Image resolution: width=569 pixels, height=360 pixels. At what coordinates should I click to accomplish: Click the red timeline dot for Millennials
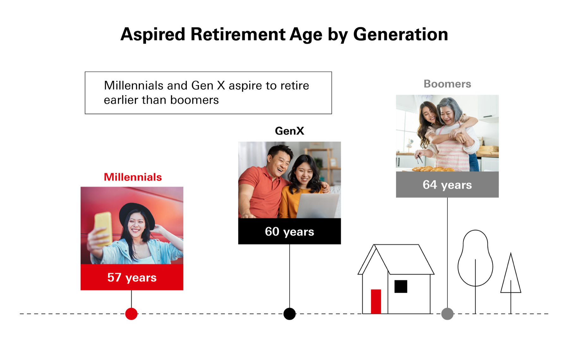click(131, 314)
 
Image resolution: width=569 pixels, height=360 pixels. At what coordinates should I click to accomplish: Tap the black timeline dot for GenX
click(290, 314)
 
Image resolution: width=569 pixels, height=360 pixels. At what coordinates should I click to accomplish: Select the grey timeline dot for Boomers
click(447, 314)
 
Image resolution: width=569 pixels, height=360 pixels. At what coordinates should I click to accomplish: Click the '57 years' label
click(132, 277)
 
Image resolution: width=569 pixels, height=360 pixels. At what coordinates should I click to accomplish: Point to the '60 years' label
click(290, 232)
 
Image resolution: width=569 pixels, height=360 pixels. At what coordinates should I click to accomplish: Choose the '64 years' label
click(447, 185)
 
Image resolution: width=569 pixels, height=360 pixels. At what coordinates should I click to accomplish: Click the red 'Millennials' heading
click(133, 177)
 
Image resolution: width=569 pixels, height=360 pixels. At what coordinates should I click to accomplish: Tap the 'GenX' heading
click(290, 131)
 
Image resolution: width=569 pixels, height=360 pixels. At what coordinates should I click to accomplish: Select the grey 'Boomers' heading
click(447, 84)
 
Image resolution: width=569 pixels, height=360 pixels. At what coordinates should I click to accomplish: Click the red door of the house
click(376, 301)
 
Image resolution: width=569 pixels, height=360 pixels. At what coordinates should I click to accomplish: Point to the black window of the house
click(401, 287)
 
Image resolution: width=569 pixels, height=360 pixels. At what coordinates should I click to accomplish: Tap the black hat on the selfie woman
click(137, 215)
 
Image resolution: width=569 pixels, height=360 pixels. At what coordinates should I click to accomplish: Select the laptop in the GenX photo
click(318, 206)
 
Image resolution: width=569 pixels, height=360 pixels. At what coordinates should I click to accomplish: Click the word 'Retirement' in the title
click(238, 34)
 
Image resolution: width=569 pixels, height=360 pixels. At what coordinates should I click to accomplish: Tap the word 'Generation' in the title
click(401, 34)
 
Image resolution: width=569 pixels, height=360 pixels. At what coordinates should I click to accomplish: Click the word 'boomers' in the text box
click(194, 100)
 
